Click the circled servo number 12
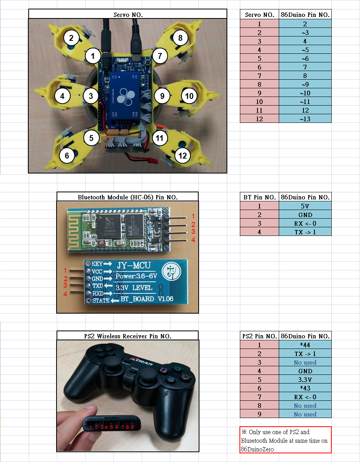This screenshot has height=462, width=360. pos(182,156)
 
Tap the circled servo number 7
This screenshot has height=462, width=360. pos(160,56)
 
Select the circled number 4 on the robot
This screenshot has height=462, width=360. pos(62,95)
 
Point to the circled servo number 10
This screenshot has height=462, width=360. pos(189,96)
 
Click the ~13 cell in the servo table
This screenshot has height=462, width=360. pos(305,119)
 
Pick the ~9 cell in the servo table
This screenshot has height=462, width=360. pos(305,84)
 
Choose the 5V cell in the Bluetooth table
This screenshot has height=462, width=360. pos(305,206)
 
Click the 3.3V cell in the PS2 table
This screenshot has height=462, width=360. pos(305,380)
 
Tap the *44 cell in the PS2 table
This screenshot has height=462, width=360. pos(305,345)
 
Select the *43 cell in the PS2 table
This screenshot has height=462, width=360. pos(305,388)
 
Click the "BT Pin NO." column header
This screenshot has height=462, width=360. pos(259,197)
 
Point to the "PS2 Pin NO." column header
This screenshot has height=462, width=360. pos(259,336)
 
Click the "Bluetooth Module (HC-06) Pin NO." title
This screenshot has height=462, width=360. pos(128,197)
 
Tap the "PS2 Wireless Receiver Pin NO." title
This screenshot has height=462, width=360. pos(128,336)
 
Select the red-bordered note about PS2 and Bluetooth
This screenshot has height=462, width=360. pos(285,440)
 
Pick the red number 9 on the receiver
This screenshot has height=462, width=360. pos(132,427)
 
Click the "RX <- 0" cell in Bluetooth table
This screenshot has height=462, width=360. pos(305,223)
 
